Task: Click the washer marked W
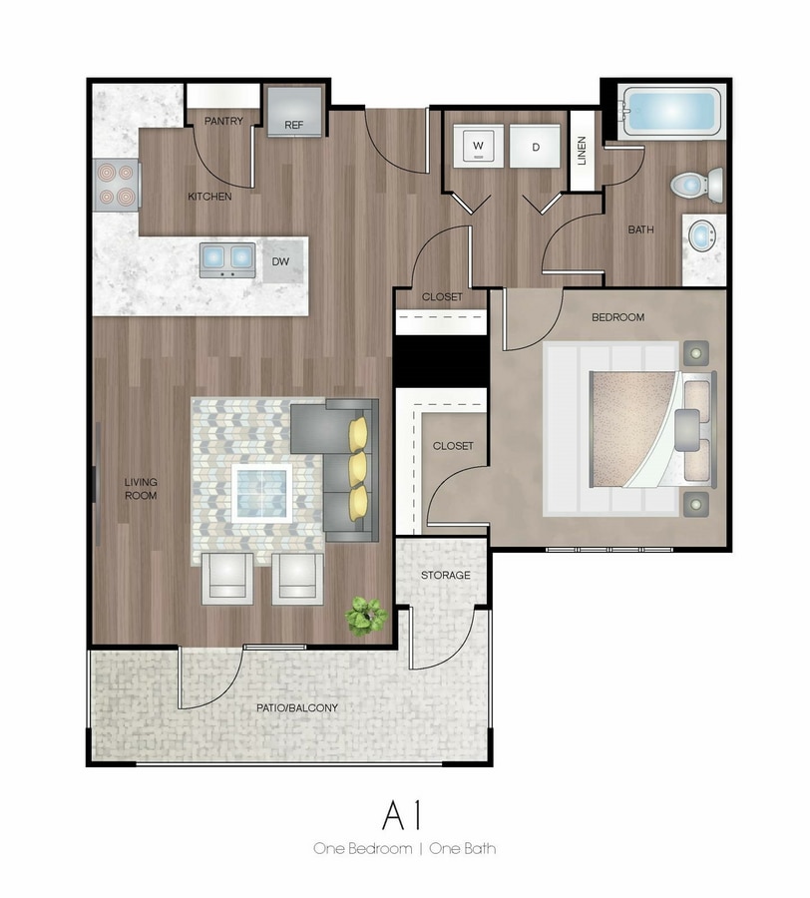tap(479, 146)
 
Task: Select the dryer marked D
tap(536, 146)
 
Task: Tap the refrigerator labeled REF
tap(294, 112)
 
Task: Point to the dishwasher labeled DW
tap(282, 261)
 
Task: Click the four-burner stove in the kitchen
tap(117, 185)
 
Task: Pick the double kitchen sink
tap(227, 260)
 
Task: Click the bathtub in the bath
tap(671, 111)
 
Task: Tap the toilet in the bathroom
tap(696, 185)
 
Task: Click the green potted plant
tap(366, 616)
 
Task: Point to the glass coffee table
tap(261, 493)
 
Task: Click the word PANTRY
tap(223, 121)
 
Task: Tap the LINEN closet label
tap(582, 151)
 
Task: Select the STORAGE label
tap(445, 575)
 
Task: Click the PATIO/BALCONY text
tap(297, 707)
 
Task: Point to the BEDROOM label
tap(617, 317)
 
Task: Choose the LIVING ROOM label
tap(141, 489)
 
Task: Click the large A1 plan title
tap(402, 815)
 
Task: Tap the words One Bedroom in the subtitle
tap(362, 848)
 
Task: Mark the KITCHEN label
tap(209, 197)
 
